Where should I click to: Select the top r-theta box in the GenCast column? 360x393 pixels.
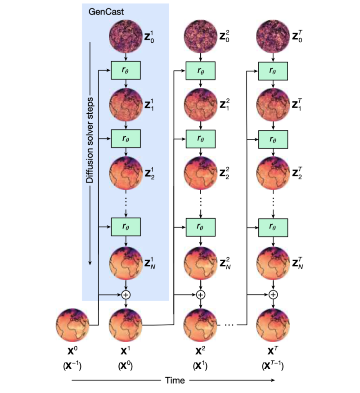[126, 71]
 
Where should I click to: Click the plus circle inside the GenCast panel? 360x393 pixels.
[126, 295]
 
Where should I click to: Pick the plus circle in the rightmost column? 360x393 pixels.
[273, 295]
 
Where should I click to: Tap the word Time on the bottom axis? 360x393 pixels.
[175, 380]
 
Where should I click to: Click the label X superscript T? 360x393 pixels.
[273, 348]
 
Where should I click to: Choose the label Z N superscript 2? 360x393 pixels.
[226, 263]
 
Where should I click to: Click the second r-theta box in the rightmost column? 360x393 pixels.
[273, 138]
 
